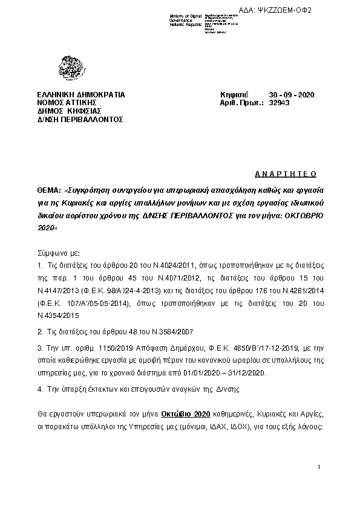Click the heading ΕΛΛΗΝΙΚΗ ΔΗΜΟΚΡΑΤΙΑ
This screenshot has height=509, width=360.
coord(81,96)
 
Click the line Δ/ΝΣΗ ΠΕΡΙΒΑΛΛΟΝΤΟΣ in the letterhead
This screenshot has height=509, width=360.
coord(80,119)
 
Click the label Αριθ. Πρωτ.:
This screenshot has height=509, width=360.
coord(242,103)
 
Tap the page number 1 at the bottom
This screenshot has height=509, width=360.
coord(318,468)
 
